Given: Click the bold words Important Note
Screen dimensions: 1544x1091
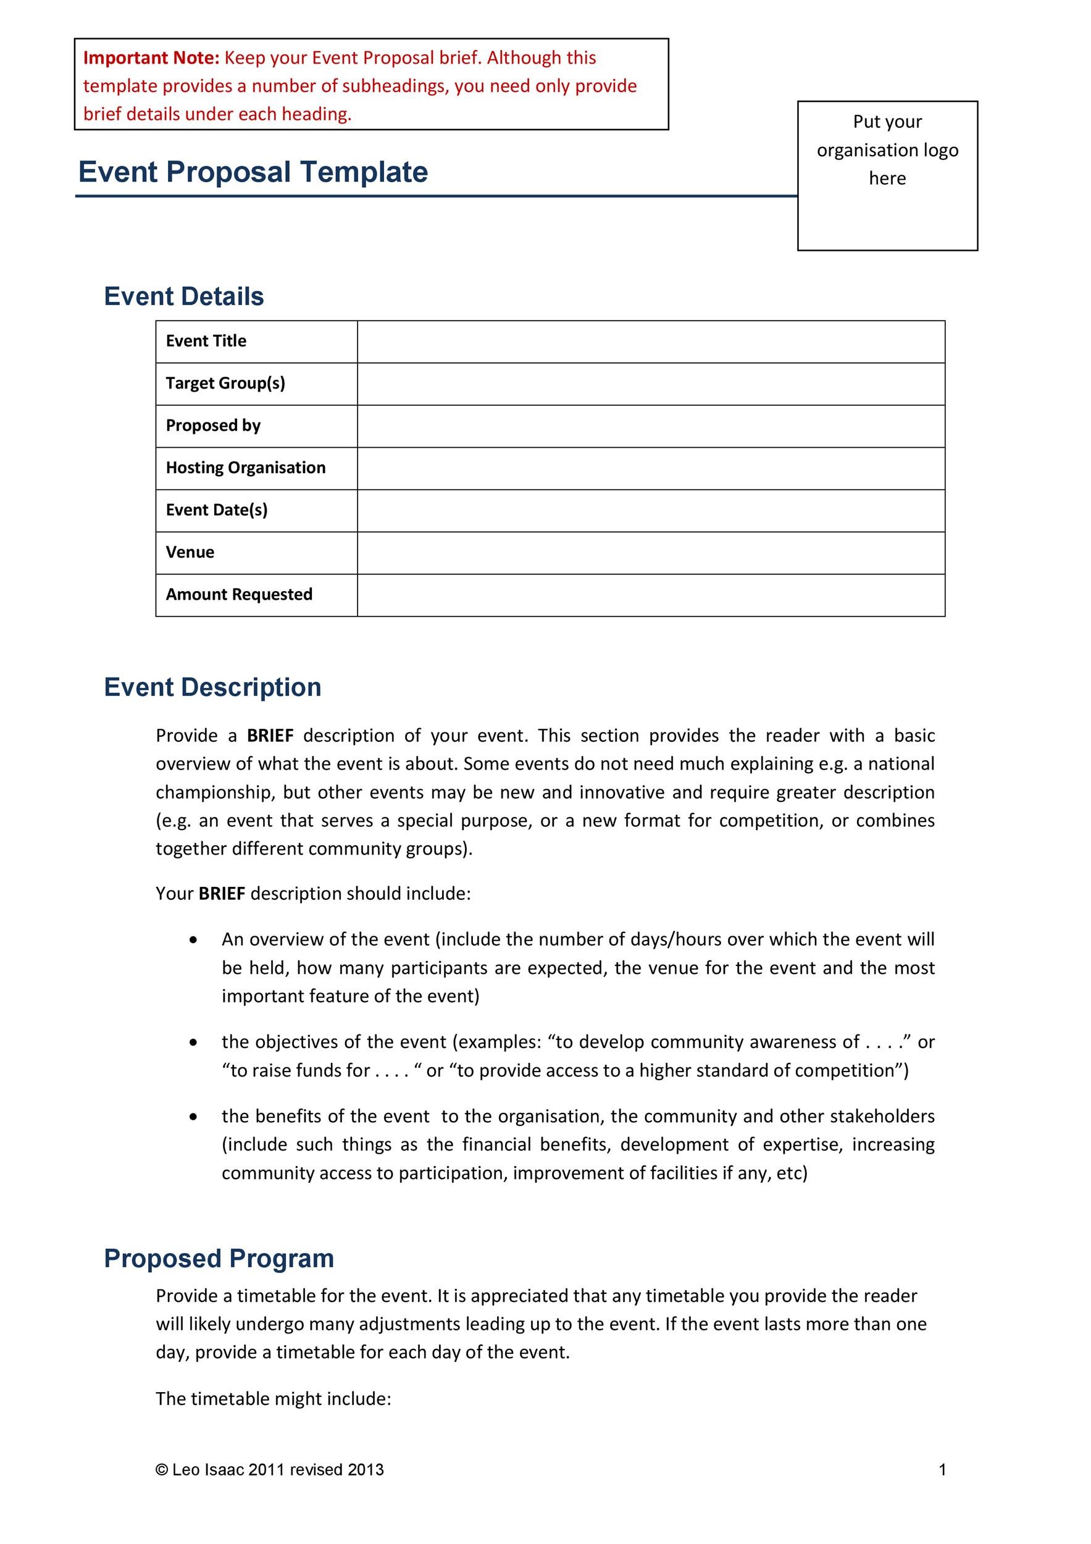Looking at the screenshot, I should pos(151,58).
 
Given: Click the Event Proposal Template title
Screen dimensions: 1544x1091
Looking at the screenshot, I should pos(253,172).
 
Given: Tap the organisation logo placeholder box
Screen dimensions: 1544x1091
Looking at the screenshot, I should pos(887,175).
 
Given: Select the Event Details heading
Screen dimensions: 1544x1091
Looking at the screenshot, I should pos(183,296).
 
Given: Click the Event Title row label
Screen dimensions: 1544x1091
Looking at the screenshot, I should pos(206,341).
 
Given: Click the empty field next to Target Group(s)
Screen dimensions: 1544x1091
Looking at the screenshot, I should pos(650,384).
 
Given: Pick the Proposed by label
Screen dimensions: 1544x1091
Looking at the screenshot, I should pos(212,426).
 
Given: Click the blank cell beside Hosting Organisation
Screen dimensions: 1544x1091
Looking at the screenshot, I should pos(650,468).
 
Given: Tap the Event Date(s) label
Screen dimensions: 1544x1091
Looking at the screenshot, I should pos(217,510).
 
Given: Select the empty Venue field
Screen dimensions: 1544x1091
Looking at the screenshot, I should pos(650,553).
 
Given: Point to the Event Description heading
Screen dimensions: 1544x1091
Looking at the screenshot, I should pos(212,687).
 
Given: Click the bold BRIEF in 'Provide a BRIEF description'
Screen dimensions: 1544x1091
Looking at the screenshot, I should pos(270,736).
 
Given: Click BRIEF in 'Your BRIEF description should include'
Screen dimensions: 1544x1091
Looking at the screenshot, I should pos(222,894).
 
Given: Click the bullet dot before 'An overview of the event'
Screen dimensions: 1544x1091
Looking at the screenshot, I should pos(194,940).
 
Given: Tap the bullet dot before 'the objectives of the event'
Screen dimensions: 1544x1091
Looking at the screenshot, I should pos(194,1043).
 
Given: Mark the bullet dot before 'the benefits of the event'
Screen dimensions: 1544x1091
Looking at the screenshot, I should pos(194,1117).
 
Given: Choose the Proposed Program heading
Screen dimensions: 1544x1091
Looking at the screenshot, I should pos(219,1258).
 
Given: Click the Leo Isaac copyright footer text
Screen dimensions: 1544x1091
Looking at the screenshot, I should pos(270,1470).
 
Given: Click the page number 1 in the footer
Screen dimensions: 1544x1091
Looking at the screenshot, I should pos(942,1470).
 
